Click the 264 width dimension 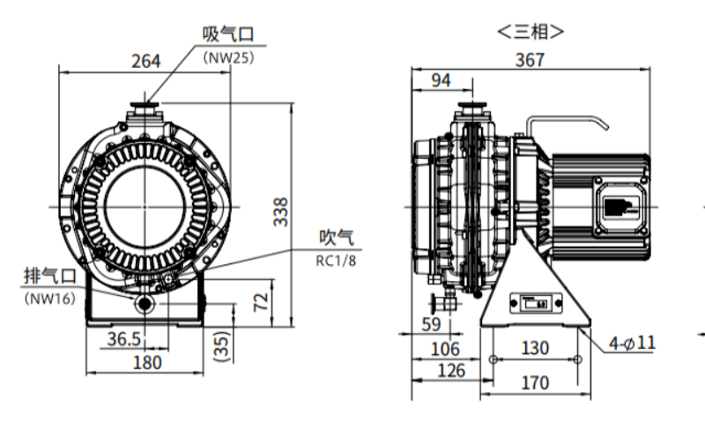(145, 61)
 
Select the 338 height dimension (280, 212)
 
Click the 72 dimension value (261, 302)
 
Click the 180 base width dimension (146, 362)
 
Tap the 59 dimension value (431, 324)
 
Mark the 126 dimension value (450, 370)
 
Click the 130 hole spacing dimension (534, 349)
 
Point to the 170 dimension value (534, 382)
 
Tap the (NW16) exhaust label (49, 297)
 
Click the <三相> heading (531, 33)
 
